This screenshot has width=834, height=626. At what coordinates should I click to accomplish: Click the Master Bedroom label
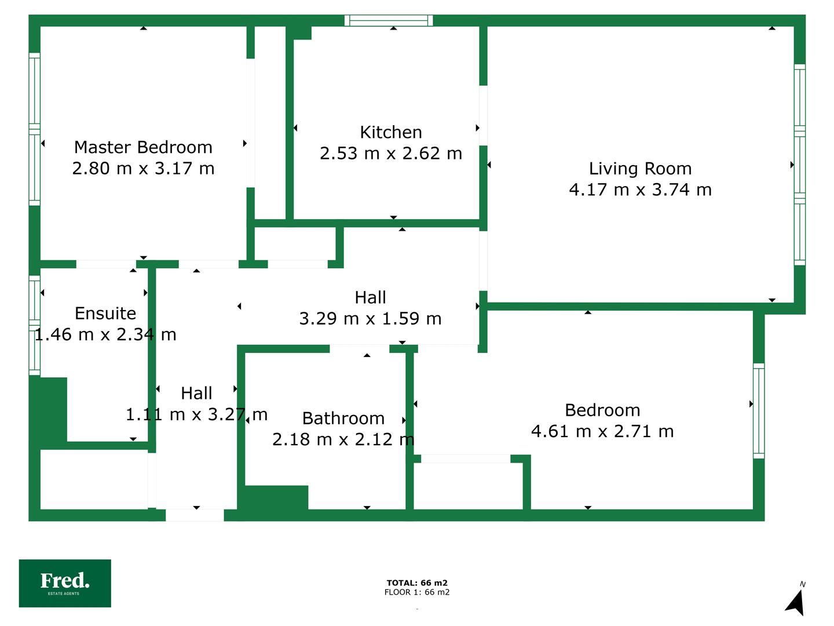(x=143, y=147)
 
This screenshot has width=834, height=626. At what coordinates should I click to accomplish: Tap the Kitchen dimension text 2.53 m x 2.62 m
(x=391, y=154)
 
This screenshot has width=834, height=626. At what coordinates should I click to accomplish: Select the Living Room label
(x=640, y=169)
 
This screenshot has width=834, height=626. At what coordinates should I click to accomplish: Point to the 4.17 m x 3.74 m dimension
(x=640, y=190)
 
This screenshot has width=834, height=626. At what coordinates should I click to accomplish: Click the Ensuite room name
(x=105, y=314)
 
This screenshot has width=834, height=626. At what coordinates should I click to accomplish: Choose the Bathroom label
(x=343, y=418)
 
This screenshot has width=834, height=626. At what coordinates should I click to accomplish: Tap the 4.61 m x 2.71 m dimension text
(x=602, y=431)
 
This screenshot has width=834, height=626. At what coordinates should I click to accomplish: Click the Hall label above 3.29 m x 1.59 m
(x=371, y=297)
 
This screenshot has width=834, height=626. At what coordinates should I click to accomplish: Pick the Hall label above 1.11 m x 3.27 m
(x=196, y=394)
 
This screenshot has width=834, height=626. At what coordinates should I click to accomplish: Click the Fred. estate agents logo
(x=65, y=583)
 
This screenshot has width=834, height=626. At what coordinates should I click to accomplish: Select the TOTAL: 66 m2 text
(x=417, y=583)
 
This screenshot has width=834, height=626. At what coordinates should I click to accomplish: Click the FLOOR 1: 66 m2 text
(x=417, y=592)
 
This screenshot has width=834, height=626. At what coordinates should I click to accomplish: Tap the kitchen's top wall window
(x=389, y=20)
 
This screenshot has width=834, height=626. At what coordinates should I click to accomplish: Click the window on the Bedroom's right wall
(x=759, y=411)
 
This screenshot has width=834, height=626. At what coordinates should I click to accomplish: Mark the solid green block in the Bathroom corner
(x=276, y=497)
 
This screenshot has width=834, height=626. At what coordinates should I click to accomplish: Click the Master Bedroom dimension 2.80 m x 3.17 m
(x=143, y=168)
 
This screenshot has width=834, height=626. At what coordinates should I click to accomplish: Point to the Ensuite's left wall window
(x=35, y=325)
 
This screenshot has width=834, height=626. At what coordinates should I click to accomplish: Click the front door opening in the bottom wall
(x=195, y=515)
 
